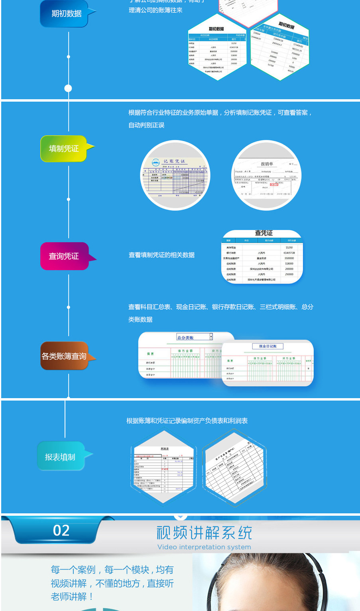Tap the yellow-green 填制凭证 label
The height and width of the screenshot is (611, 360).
coord(64,149)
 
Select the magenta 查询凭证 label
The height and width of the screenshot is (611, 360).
coord(64,256)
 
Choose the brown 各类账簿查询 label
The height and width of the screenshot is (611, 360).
coord(64,356)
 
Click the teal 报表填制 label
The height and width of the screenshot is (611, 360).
coord(60,457)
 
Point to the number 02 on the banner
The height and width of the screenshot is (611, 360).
coord(61,530)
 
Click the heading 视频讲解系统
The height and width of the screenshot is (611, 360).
coord(204,533)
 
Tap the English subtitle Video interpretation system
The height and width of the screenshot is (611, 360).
coord(204,547)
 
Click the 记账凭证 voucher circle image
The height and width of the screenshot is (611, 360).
coord(175,175)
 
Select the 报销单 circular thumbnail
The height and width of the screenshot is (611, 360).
coord(267,176)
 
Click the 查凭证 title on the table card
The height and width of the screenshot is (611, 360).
coord(264,233)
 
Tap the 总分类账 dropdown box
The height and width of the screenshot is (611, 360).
coord(195,337)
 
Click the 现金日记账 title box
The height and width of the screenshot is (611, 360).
coord(268,346)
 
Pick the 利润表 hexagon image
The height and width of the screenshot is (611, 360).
coord(164,467)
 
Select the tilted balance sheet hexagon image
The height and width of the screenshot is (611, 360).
coord(234,468)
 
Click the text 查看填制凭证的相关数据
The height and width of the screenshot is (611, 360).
coord(161,255)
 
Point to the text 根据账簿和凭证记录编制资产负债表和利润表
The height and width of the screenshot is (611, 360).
coord(187,421)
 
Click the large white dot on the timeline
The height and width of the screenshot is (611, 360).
coord(68,88)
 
